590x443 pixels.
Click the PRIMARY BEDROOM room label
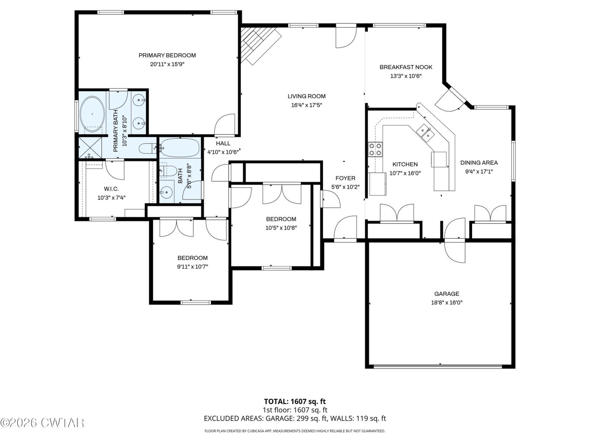(x=167, y=55)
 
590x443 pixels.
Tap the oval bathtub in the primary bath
(x=92, y=114)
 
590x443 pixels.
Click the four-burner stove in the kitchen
(x=376, y=150)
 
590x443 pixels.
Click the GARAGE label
(x=447, y=294)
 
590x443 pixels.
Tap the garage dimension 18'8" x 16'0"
(x=447, y=302)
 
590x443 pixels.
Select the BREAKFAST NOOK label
(x=406, y=67)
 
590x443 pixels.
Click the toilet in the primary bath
(x=147, y=148)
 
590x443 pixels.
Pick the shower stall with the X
(x=90, y=148)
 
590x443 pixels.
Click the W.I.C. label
(x=111, y=189)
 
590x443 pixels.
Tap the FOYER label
(x=345, y=178)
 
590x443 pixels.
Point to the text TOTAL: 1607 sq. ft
(x=295, y=401)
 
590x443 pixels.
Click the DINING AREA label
(x=479, y=163)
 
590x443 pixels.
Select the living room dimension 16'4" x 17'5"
(x=306, y=105)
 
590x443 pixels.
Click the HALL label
(x=223, y=143)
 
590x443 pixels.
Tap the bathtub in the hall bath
(x=180, y=148)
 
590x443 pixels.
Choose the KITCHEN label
(x=405, y=164)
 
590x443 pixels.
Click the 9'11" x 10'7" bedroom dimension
(x=192, y=267)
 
